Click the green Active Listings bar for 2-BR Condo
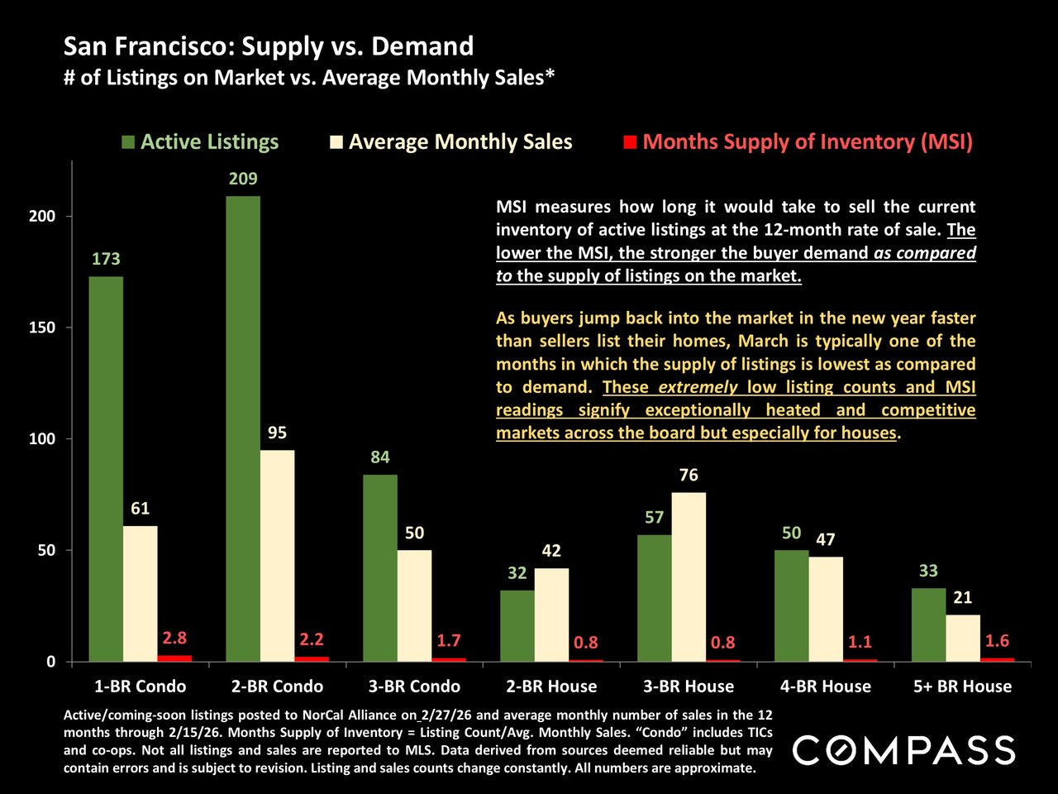click(243, 428)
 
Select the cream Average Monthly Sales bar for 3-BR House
click(689, 577)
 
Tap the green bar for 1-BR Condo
click(106, 469)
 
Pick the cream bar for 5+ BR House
click(963, 639)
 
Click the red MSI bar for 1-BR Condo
click(174, 658)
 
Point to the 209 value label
click(243, 179)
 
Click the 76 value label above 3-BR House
click(689, 475)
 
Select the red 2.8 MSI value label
click(174, 639)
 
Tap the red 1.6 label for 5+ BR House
click(997, 641)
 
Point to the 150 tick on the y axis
click(42, 328)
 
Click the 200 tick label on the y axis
click(42, 216)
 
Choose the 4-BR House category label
click(826, 686)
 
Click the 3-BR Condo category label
click(414, 686)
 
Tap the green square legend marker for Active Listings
click(128, 142)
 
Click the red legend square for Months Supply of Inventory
click(630, 142)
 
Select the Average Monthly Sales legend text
click(460, 142)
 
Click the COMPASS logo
click(903, 750)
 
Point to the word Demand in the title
click(422, 46)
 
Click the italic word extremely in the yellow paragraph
click(698, 387)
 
